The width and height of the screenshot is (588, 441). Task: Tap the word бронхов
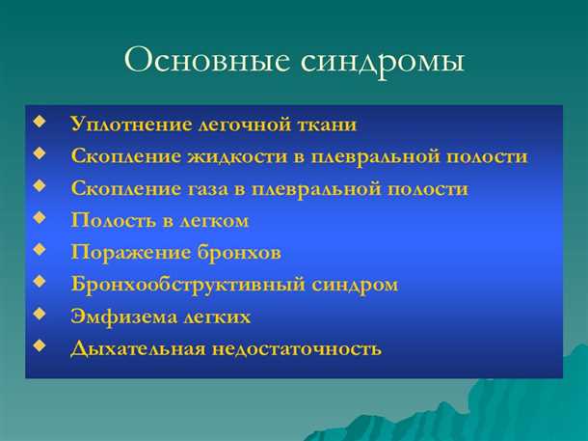click(x=238, y=253)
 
